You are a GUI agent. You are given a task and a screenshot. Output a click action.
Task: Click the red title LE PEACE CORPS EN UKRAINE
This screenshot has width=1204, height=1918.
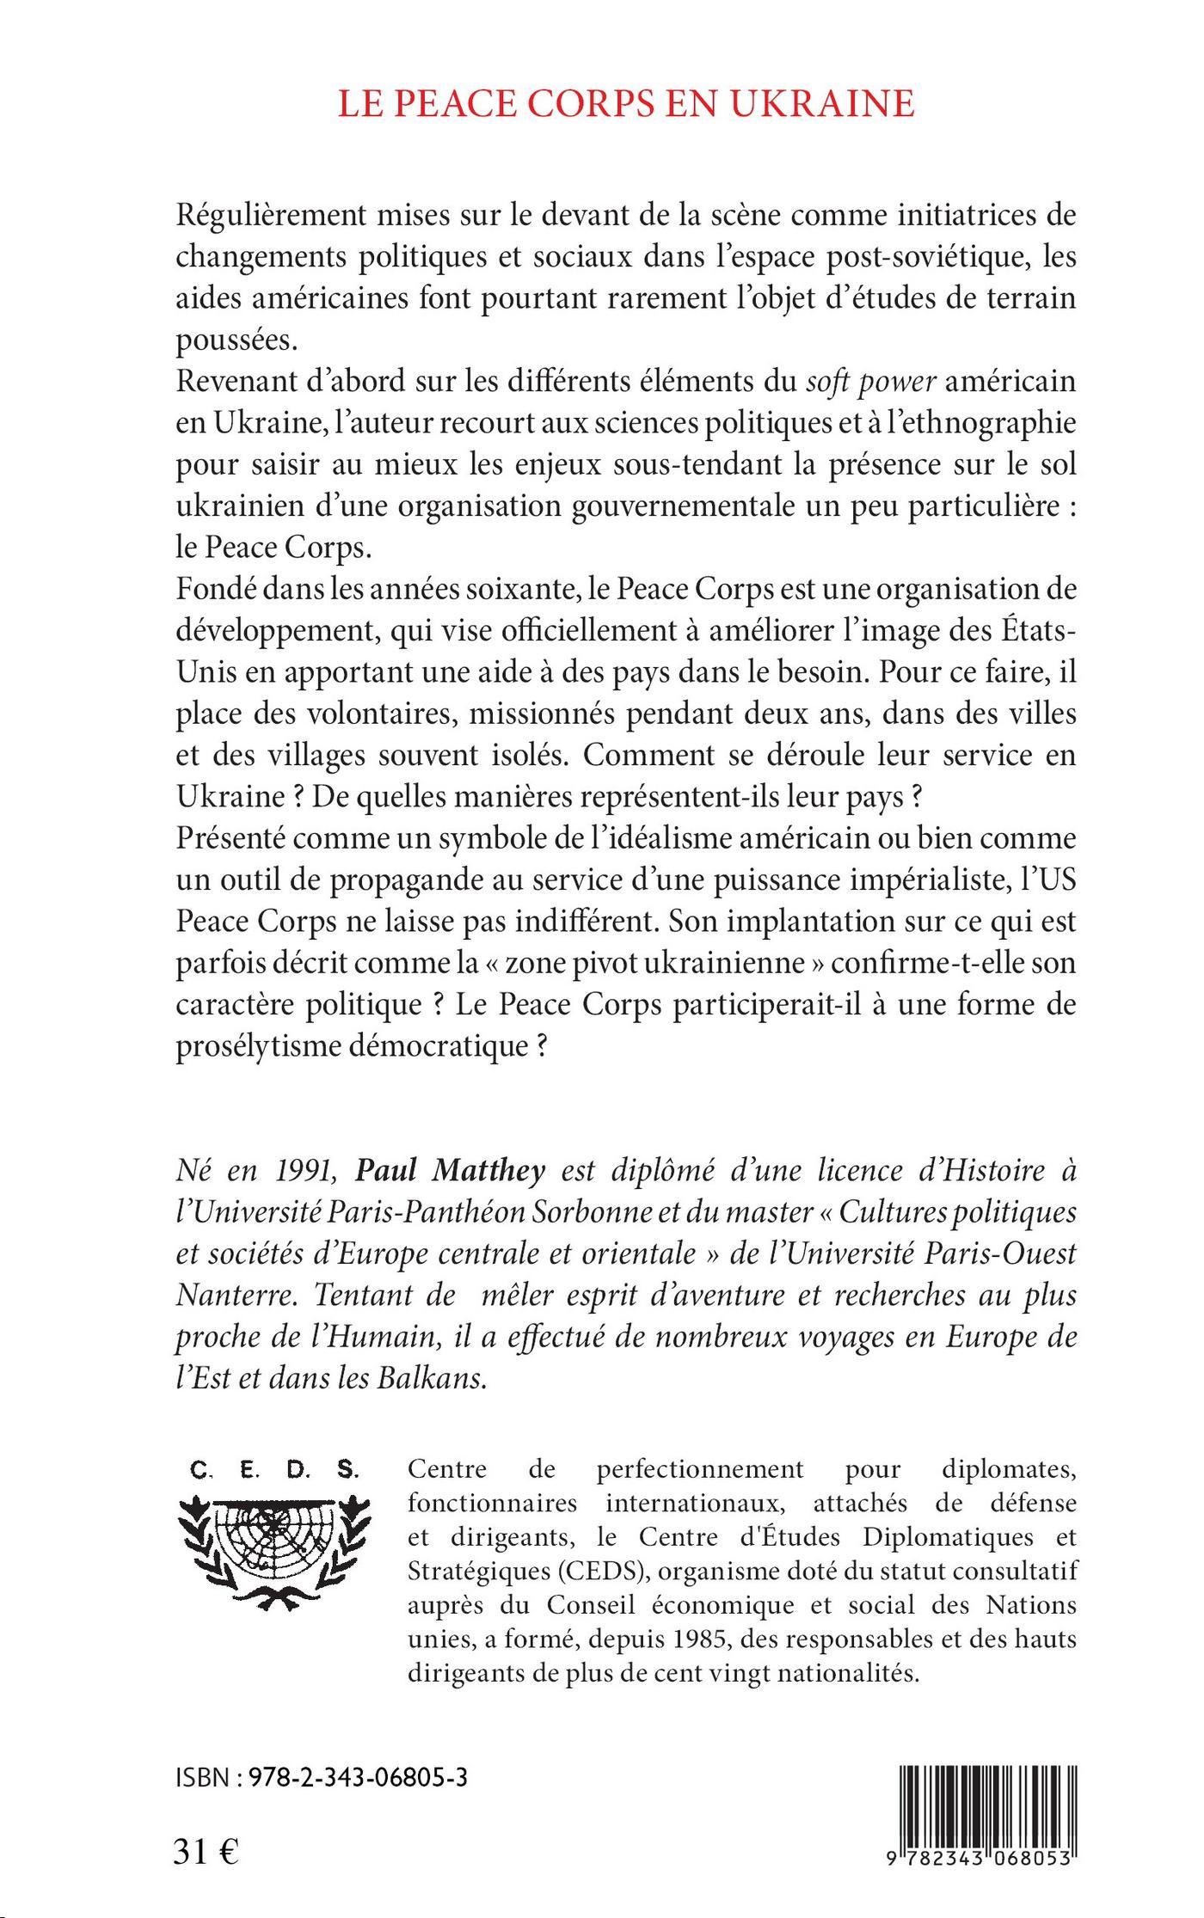(x=625, y=102)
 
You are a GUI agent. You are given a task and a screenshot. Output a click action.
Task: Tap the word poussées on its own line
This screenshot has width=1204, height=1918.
(x=235, y=340)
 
